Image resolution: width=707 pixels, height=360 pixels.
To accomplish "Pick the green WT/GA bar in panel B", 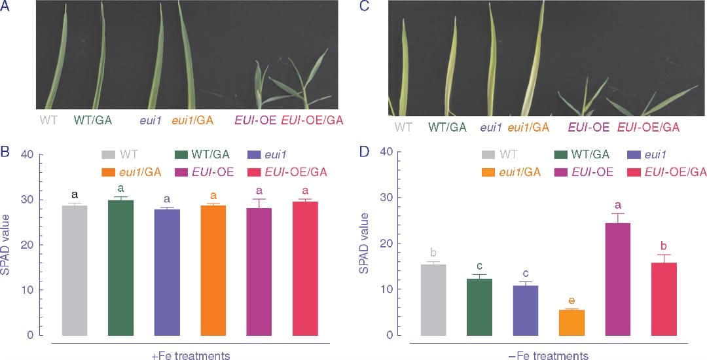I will pos(120,267).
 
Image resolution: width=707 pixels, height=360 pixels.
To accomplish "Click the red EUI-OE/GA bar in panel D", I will pos(663,298).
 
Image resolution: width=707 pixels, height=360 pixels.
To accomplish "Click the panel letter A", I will pos(5,7).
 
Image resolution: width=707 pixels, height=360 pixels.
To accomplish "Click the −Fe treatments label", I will pos(549,355).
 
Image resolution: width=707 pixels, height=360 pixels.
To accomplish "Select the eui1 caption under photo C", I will pos(491,127).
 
